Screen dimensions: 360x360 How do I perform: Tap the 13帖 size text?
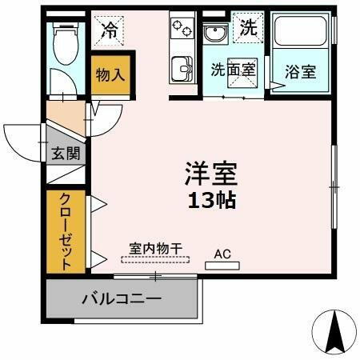(212, 200)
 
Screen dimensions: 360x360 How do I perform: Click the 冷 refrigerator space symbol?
(109, 31)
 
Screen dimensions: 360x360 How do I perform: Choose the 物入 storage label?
(109, 75)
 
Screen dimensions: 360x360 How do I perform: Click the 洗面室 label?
(234, 70)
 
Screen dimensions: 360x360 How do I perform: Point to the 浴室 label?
(301, 70)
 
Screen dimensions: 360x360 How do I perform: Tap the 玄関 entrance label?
(66, 153)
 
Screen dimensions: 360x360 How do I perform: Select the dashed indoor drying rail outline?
(155, 258)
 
